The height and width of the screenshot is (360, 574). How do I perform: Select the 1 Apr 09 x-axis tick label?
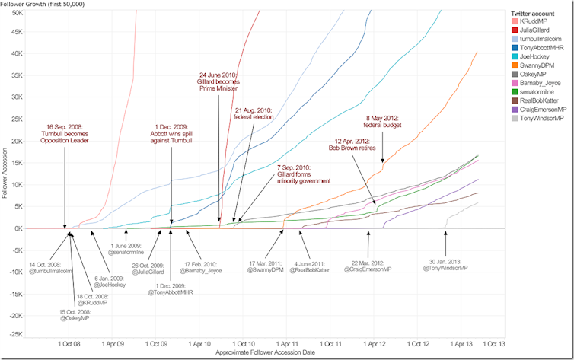[x=112, y=342]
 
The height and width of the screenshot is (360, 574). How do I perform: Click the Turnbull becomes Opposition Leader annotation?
[x=65, y=136]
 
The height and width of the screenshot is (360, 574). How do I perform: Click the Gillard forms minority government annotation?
[x=303, y=174]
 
